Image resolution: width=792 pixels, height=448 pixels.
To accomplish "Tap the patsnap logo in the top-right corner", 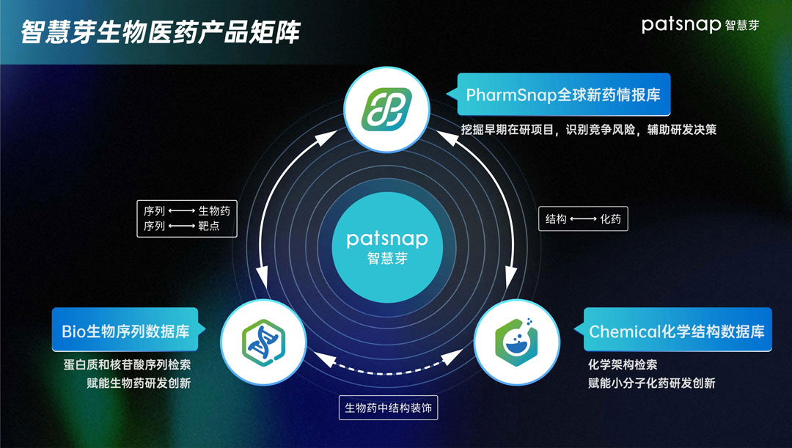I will (700, 24).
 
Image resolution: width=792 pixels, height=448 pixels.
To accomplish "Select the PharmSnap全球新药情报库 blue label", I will (564, 95).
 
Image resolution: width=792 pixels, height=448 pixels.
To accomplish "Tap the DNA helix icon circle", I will (262, 339).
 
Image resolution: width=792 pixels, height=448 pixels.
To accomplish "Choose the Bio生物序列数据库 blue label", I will (125, 331).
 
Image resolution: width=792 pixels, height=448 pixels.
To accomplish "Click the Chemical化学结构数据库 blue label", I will (676, 331).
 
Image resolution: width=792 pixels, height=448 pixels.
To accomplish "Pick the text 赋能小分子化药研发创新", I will (651, 383).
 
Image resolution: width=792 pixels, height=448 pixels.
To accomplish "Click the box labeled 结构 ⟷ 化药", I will (584, 219).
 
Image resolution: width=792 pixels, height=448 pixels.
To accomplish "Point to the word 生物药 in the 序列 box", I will (214, 210).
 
